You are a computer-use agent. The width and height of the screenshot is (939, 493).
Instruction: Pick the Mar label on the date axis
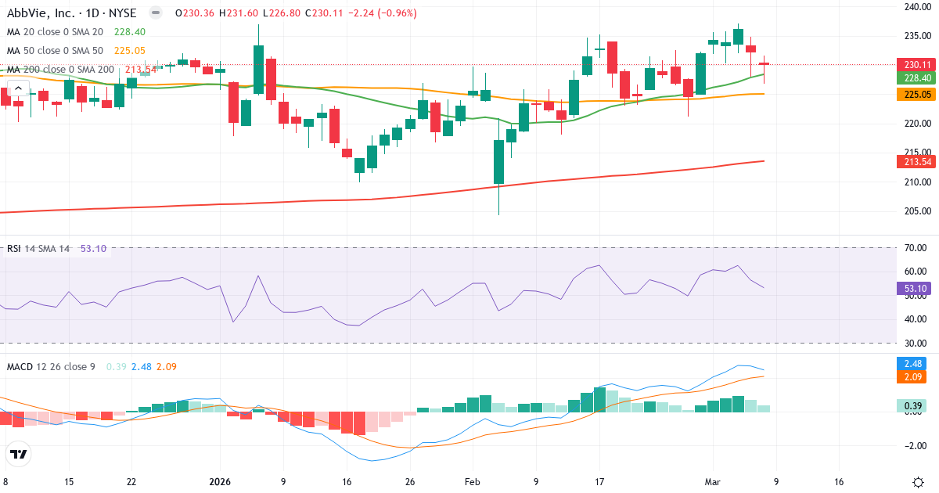713,482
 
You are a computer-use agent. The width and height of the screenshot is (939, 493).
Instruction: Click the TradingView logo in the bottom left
19,454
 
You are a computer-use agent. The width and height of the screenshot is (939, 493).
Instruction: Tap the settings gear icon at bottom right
919,482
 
